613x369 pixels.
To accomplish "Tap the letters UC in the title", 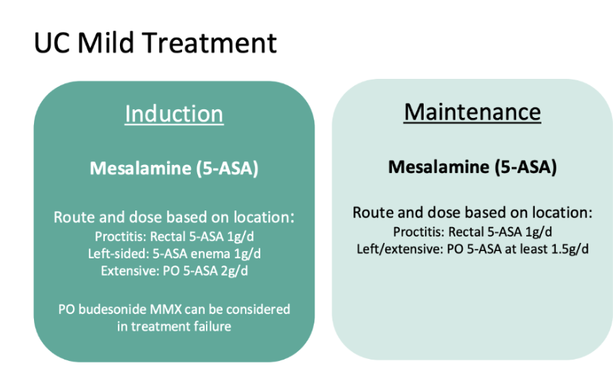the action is [53, 42].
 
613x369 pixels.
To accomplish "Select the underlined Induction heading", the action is [174, 114].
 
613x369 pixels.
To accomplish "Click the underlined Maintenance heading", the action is [472, 112].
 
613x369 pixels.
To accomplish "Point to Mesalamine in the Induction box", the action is [140, 169].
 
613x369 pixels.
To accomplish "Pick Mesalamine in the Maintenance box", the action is [439, 166].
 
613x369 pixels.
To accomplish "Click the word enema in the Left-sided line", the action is [213, 254].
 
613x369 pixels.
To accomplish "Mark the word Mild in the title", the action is [106, 42].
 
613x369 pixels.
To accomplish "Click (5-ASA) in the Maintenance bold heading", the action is [525, 166].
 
